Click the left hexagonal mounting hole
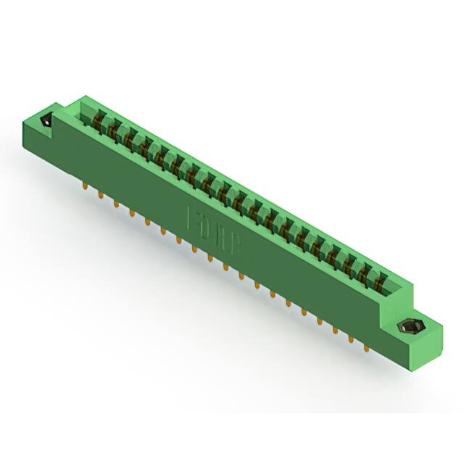coord(47,121)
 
